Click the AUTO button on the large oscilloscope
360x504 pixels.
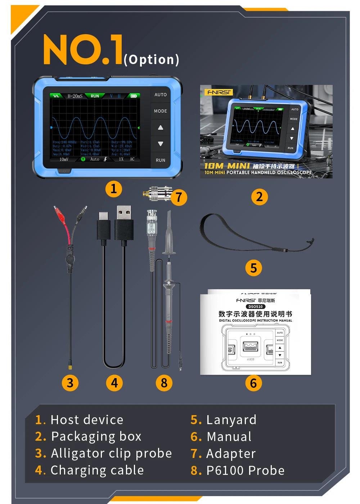tap(160, 95)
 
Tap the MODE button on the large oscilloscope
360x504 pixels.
tap(160, 111)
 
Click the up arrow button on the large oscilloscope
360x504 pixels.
tap(160, 127)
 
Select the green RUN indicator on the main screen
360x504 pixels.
tap(95, 96)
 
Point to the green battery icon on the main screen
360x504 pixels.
tap(134, 96)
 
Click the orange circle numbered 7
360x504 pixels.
tap(179, 197)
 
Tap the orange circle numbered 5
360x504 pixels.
tap(253, 268)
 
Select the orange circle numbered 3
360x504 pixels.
tap(70, 383)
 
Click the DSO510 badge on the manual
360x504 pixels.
tap(255, 307)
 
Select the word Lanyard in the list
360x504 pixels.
tap(231, 420)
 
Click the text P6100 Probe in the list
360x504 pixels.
tap(245, 470)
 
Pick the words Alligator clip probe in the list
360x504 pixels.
tap(111, 453)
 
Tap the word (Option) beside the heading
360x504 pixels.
tap(151, 59)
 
